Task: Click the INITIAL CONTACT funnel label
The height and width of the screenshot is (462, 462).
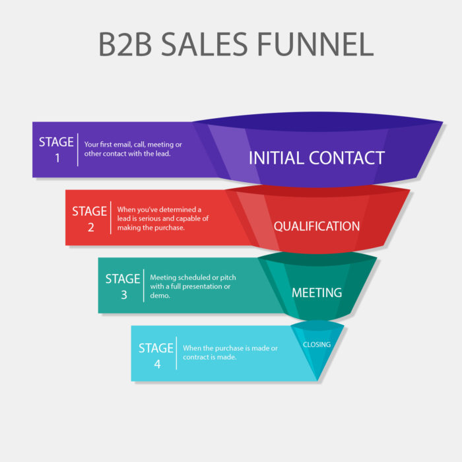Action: click(x=316, y=158)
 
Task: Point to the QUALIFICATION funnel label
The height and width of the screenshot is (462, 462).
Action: click(x=317, y=226)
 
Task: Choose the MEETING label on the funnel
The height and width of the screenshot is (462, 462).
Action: click(x=317, y=292)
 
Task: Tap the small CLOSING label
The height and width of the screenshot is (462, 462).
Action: click(x=317, y=345)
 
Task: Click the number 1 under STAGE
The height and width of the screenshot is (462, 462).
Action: click(x=57, y=158)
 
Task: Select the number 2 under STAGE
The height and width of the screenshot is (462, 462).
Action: click(x=90, y=227)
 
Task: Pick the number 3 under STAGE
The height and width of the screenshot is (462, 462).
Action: click(x=123, y=294)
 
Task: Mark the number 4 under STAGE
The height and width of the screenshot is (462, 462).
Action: click(x=156, y=364)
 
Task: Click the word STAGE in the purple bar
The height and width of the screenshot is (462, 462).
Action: click(x=57, y=142)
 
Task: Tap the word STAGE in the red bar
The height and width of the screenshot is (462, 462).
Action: click(x=90, y=211)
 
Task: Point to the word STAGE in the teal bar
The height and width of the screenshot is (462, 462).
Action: click(x=123, y=279)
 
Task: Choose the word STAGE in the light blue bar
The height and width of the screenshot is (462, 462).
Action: click(x=156, y=348)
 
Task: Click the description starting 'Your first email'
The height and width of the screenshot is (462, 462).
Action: click(x=133, y=149)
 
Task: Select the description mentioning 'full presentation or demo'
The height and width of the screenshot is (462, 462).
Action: click(x=190, y=286)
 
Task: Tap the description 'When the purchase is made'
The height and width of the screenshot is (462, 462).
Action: click(x=230, y=352)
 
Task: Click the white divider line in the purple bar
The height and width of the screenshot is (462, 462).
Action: click(x=78, y=150)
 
